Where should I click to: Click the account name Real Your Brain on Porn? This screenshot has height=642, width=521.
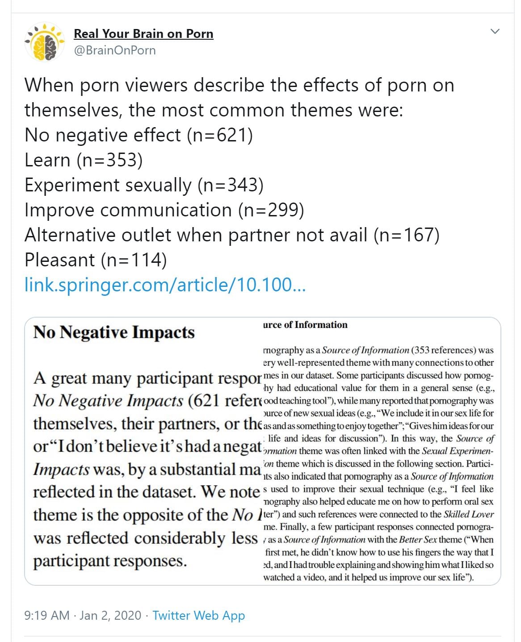[143, 34]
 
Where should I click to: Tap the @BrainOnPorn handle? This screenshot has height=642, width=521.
[115, 50]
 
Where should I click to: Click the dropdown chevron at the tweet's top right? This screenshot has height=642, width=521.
[495, 31]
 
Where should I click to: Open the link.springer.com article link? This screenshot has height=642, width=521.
[165, 285]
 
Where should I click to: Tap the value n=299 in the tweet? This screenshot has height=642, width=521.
[271, 210]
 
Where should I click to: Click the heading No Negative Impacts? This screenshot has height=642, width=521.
[114, 332]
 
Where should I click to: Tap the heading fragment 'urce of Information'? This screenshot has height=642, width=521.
[305, 325]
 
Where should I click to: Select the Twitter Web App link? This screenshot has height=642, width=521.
[198, 616]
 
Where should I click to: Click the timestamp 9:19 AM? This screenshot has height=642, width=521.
[47, 616]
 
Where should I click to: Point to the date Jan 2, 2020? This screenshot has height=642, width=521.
[110, 616]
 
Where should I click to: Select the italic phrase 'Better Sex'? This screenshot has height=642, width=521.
[419, 540]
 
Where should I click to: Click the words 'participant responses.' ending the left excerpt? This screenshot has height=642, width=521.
[110, 561]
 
